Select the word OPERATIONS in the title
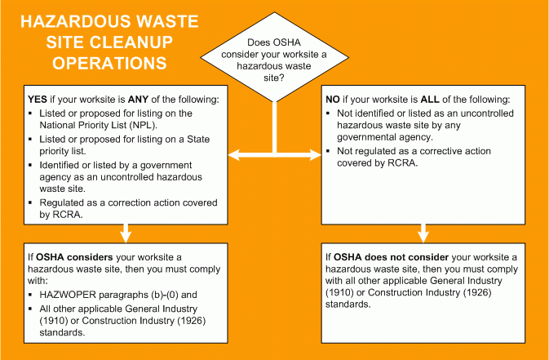[109, 63]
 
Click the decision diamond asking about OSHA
[274, 57]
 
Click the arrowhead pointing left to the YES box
[234, 155]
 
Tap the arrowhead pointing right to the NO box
[315, 155]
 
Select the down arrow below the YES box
[126, 233]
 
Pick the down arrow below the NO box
[423, 233]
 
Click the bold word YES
[38, 100]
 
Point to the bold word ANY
[138, 100]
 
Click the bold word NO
[333, 100]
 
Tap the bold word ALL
[430, 100]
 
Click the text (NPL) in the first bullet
[144, 125]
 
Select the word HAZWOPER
[68, 295]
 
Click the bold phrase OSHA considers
[74, 257]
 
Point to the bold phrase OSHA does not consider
[391, 257]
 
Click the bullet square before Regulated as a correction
[30, 202]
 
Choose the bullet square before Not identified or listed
[328, 113]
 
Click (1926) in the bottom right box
[477, 292]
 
